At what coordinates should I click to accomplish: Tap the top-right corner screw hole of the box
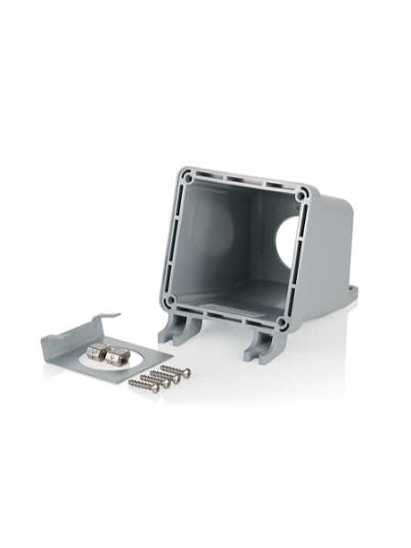pyautogui.click(x=301, y=195)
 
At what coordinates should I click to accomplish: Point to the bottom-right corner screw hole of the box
pyautogui.click(x=283, y=323)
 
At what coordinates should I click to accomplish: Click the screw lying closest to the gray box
pyautogui.click(x=174, y=371)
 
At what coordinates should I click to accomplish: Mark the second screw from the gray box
pyautogui.click(x=166, y=375)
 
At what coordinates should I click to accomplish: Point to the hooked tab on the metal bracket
pyautogui.click(x=108, y=320)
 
